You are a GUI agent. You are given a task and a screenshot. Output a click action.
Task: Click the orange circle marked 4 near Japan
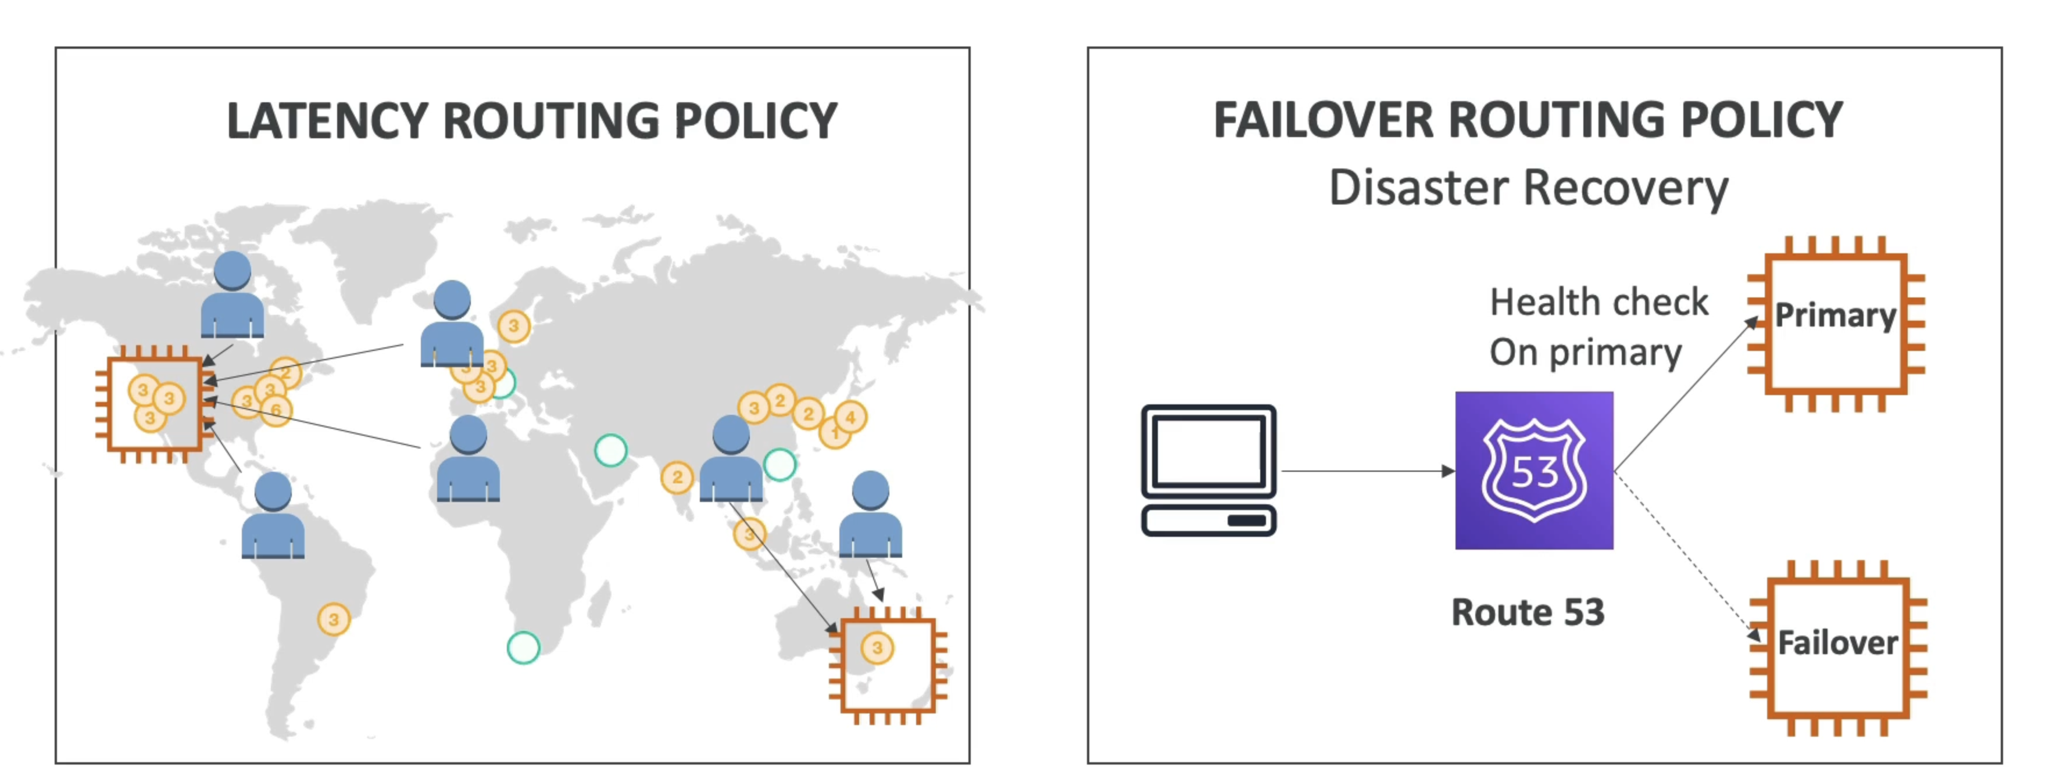pos(850,417)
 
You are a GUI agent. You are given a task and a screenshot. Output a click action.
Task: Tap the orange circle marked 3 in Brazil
pos(334,619)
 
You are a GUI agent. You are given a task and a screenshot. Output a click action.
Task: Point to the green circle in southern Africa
pos(523,647)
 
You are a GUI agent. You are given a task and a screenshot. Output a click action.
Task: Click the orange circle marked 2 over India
pos(677,478)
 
